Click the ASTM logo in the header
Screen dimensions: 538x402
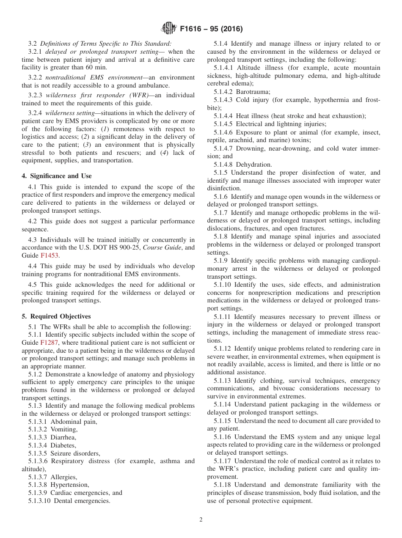click(169, 29)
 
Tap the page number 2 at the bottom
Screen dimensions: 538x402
click(201, 520)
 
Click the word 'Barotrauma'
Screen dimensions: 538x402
click(253, 91)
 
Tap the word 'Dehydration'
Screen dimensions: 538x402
click(254, 165)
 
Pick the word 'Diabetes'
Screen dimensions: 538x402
click(63, 445)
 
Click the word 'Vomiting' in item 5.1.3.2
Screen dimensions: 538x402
click(63, 429)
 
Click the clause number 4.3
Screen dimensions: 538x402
click(33, 240)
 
